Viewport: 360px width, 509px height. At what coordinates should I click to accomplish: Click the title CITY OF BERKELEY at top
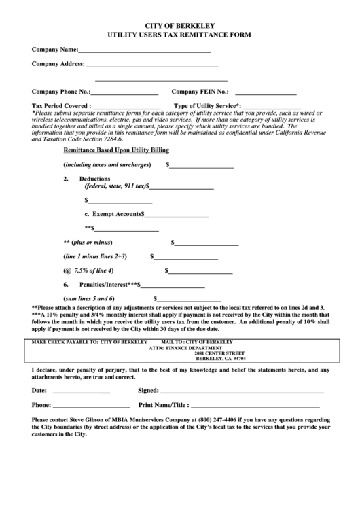point(179,22)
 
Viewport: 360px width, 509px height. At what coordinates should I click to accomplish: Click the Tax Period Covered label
point(61,106)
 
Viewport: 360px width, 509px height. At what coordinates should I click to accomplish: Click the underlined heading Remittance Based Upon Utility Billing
point(116,150)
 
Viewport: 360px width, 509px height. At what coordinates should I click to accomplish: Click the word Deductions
point(94,179)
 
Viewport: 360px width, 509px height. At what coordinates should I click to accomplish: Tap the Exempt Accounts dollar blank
point(177,215)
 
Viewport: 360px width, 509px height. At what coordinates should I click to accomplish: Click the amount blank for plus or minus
point(206,243)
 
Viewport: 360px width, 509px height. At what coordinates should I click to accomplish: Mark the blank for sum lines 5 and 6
point(190,300)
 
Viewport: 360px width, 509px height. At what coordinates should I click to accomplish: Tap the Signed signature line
point(241,392)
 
